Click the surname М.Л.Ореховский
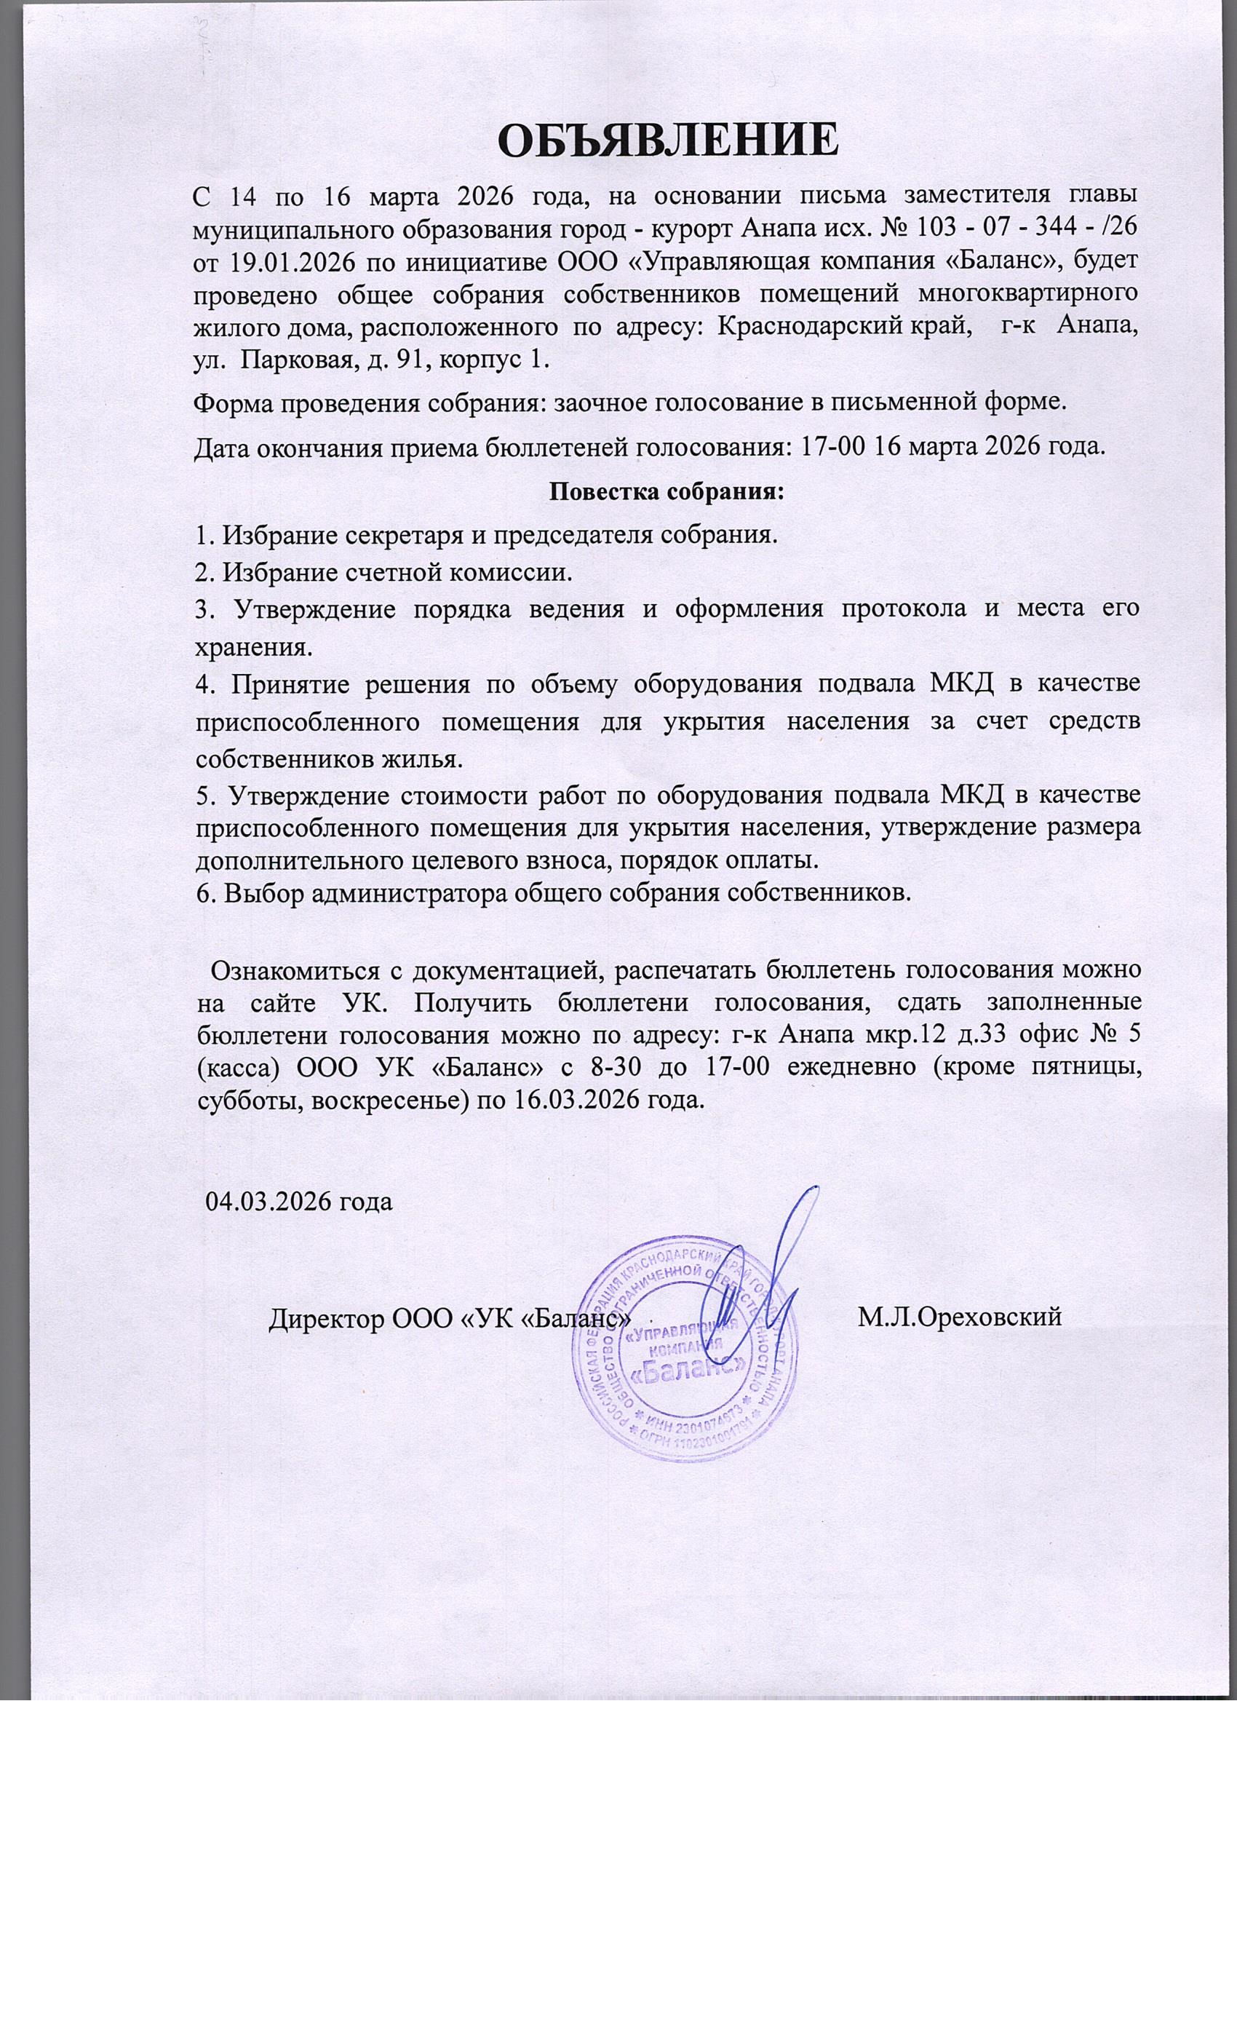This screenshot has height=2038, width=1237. click(x=959, y=1315)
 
